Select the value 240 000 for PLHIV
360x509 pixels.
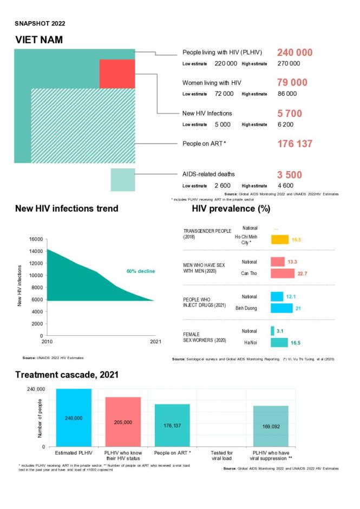pos(294,53)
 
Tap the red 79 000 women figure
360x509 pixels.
pos(292,82)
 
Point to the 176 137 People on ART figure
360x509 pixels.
pos(294,144)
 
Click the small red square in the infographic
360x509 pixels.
pos(117,74)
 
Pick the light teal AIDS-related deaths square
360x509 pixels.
pos(123,180)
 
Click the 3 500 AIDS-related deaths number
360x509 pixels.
pos(290,175)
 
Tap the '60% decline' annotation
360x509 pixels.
pos(141,271)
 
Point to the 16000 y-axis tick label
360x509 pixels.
pos(36,239)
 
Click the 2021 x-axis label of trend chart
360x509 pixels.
pos(155,342)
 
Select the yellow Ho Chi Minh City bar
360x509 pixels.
pos(279,239)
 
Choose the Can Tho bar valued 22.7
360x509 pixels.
pos(283,273)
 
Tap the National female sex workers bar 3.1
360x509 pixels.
pos(273,331)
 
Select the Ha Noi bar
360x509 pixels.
pos(279,343)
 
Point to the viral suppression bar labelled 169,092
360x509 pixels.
pos(271,426)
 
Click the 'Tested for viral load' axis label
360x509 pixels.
pos(222,455)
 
